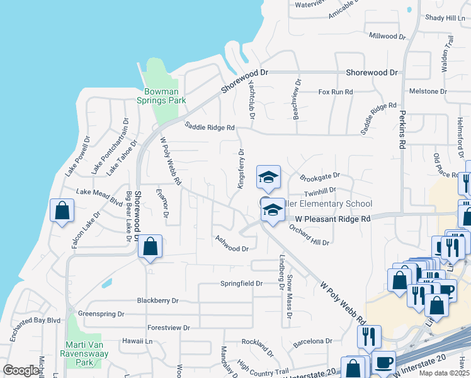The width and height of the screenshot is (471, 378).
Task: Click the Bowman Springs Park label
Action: click(x=161, y=96)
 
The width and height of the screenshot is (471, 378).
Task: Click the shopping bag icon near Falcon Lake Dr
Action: click(x=62, y=212)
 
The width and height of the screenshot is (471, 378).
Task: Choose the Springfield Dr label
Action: click(x=241, y=283)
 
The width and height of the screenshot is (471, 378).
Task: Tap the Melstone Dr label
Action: click(x=428, y=91)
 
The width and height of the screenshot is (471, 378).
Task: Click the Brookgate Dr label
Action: click(x=320, y=176)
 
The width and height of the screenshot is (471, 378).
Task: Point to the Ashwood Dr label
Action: click(x=232, y=244)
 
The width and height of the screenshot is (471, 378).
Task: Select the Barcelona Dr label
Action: click(x=312, y=341)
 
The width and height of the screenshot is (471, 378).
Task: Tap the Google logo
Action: click(x=21, y=370)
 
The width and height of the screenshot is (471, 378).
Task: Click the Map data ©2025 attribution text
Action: click(x=443, y=373)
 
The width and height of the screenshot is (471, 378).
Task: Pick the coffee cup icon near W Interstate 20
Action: click(x=384, y=362)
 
